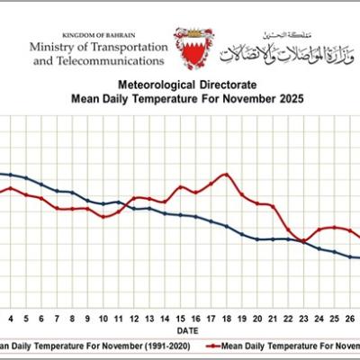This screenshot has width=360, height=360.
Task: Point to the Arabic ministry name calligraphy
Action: [x=280, y=50]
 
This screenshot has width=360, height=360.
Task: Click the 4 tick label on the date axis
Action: [x=12, y=319]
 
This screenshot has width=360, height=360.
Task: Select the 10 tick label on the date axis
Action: [x=103, y=319]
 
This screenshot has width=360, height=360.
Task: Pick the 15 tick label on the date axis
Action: [x=181, y=319]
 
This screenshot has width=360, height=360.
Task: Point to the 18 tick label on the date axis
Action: [x=227, y=319]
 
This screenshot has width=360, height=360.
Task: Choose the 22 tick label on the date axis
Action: [x=288, y=319]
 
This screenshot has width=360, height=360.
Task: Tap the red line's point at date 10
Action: [x=104, y=217]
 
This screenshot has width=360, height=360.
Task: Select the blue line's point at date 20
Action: [x=257, y=239]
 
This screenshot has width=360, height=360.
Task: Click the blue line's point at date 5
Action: [x=27, y=178]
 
